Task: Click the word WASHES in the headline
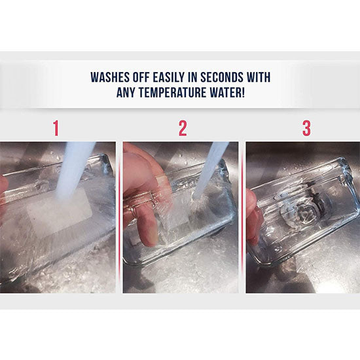109,77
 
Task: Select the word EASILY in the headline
169,77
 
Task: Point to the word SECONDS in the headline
221,77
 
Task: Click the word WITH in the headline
259,77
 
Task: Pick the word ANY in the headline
126,92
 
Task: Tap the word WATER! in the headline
227,92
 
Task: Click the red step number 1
56,128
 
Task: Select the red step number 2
183,128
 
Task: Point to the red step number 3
306,128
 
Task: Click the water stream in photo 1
74,170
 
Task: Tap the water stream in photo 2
211,170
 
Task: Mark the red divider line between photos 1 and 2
119,217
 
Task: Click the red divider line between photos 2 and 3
242,217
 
